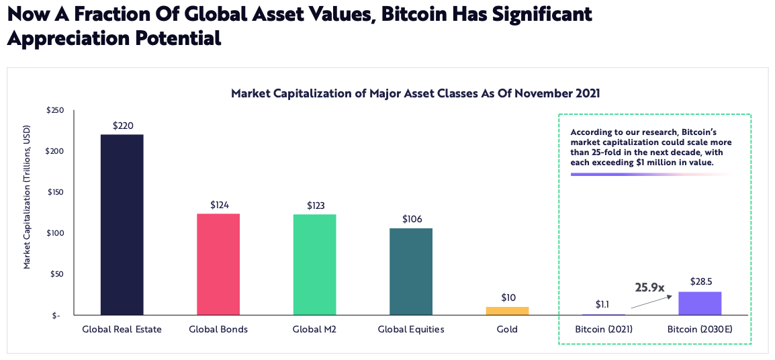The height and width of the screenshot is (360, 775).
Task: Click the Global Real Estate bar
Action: coord(122,224)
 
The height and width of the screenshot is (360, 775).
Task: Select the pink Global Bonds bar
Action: coord(218,264)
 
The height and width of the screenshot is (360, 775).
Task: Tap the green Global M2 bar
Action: coord(315,265)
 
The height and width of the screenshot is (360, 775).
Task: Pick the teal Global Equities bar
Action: coord(411,271)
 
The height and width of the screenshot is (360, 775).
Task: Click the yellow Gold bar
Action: coord(508,311)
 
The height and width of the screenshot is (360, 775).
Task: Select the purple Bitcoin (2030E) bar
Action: coord(700,303)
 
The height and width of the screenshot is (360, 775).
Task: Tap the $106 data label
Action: coord(411,219)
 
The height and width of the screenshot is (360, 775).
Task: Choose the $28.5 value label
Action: coord(700,281)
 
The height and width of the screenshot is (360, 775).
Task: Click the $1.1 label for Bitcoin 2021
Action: coord(604,304)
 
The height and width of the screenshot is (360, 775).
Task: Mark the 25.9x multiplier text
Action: coord(649,287)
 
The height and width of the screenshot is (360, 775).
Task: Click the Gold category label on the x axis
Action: coord(508,330)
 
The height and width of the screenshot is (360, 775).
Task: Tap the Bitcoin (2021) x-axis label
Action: coord(604,330)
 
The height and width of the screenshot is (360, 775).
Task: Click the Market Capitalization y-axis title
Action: coord(28,196)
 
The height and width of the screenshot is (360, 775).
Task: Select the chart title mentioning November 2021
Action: coord(415,93)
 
